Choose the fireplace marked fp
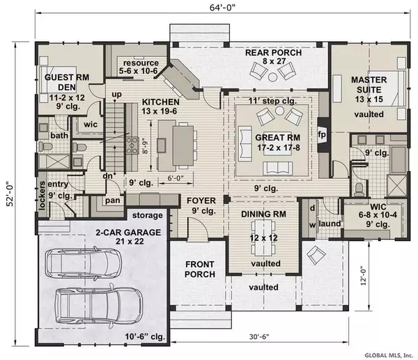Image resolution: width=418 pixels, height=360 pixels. (322, 134)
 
